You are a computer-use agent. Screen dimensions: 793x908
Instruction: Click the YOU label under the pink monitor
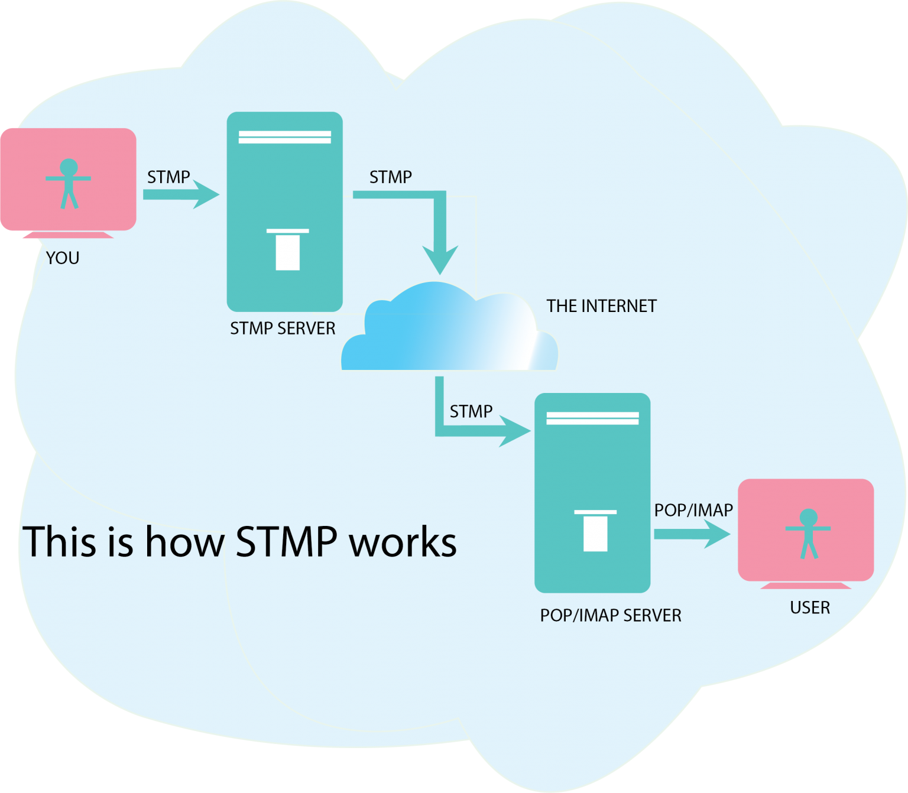coord(63,258)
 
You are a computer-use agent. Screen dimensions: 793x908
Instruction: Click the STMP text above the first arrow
coord(168,177)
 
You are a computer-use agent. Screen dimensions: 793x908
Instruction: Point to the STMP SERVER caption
coord(283,329)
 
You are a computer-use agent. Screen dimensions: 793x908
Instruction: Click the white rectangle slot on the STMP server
coord(288,251)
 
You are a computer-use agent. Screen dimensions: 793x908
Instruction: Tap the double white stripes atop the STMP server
coord(285,137)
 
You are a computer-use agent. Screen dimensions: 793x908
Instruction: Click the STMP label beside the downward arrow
coord(390,177)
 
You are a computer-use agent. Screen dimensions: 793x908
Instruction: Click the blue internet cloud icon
coord(449,331)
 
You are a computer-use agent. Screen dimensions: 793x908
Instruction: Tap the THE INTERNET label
coord(601,306)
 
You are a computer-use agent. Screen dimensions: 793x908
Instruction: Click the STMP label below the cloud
coord(471,411)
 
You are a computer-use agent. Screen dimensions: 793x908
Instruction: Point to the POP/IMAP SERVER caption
coord(611,616)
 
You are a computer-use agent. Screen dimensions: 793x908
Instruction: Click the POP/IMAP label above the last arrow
coord(693,511)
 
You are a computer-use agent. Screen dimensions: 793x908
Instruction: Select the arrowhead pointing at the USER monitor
coord(716,534)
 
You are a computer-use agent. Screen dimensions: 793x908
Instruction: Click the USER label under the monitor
coord(810,608)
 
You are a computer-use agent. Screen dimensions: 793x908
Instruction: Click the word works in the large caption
coord(403,542)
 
